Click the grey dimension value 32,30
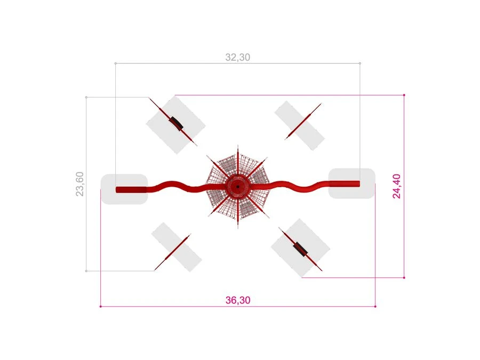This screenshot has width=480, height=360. (237, 57)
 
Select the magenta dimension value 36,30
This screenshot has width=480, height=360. (238, 300)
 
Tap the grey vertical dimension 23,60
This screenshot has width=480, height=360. (79, 184)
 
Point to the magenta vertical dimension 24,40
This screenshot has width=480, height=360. (396, 186)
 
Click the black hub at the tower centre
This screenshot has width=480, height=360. (238, 187)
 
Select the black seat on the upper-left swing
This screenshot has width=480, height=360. (176, 123)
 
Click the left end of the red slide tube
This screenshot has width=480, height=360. (117, 189)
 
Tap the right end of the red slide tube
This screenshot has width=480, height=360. (359, 183)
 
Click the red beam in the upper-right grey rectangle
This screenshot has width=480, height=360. (303, 121)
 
